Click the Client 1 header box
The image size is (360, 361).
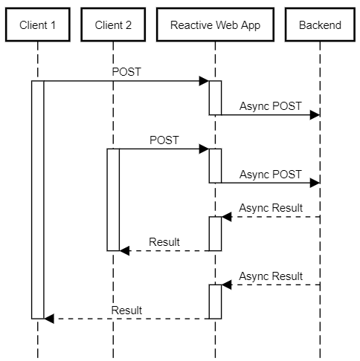pyautogui.click(x=38, y=25)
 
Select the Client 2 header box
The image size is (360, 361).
pyautogui.click(x=113, y=25)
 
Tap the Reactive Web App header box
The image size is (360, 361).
pyautogui.click(x=215, y=25)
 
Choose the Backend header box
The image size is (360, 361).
pyautogui.click(x=320, y=25)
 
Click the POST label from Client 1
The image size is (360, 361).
pyautogui.click(x=126, y=72)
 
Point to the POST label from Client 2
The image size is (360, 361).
pyautogui.click(x=164, y=140)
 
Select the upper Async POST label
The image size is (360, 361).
pyautogui.click(x=271, y=106)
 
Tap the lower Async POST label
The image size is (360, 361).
pyautogui.click(x=271, y=175)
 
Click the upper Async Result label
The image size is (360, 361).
pyautogui.click(x=271, y=208)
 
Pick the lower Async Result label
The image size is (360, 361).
pyautogui.click(x=271, y=276)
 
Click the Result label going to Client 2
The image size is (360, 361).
pyautogui.click(x=164, y=242)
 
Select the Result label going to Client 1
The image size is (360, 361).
pyautogui.click(x=126, y=310)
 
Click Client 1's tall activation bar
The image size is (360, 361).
pyautogui.click(x=38, y=200)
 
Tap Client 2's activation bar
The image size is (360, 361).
pyautogui.click(x=113, y=200)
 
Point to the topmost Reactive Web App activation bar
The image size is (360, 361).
pyautogui.click(x=215, y=98)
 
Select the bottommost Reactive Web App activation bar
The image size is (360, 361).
pyautogui.click(x=215, y=302)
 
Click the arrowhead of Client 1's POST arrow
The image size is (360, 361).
pyautogui.click(x=204, y=81)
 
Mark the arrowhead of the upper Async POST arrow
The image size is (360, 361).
pyautogui.click(x=315, y=115)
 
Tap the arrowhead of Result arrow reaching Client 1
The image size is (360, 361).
pyautogui.click(x=49, y=319)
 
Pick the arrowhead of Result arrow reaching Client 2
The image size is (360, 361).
pyautogui.click(x=124, y=251)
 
